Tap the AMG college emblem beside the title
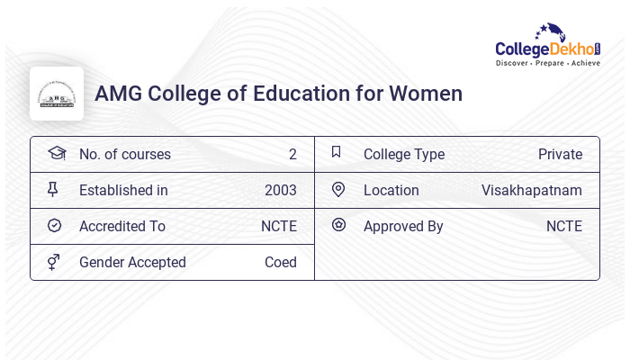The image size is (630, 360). [x=57, y=94]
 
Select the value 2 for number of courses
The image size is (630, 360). [x=292, y=154]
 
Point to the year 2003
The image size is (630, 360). [x=280, y=190]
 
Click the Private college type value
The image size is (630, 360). [x=560, y=154]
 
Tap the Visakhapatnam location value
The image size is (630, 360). [x=531, y=190]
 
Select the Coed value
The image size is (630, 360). [x=280, y=262]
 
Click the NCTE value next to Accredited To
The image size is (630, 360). [x=278, y=226]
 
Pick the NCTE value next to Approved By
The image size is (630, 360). [x=563, y=226]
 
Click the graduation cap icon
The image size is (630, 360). [x=56, y=153]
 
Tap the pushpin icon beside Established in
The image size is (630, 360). [x=53, y=189]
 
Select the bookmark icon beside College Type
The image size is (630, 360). [x=337, y=152]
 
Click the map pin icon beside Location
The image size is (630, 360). [x=338, y=189]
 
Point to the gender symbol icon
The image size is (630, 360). [x=54, y=262]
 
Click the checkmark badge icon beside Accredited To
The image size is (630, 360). [x=54, y=225]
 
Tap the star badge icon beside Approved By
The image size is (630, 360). [x=338, y=225]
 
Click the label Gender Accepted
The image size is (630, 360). [x=132, y=262]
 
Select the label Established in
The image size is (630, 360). [x=123, y=190]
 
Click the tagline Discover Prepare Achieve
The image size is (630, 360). [x=547, y=63]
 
